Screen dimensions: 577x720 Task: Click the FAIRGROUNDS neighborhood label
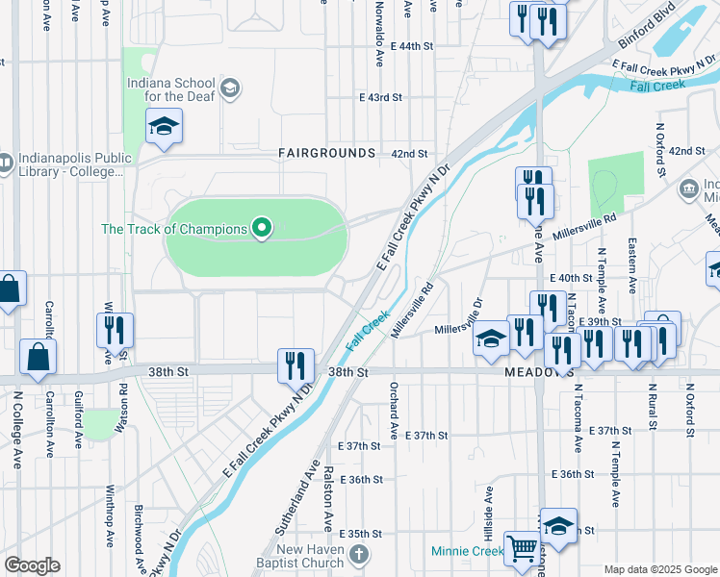coord(326,153)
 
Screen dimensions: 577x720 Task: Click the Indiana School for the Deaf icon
coord(229,89)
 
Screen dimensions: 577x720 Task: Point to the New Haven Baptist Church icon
coord(359,554)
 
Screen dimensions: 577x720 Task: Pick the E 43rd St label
coord(379,98)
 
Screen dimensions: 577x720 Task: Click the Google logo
coord(32,565)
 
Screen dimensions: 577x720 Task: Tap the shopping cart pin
coord(523,549)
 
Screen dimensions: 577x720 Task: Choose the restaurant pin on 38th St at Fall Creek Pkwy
coord(296,365)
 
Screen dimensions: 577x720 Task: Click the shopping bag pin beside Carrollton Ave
coord(37,356)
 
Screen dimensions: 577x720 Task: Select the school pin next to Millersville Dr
coord(490,338)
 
